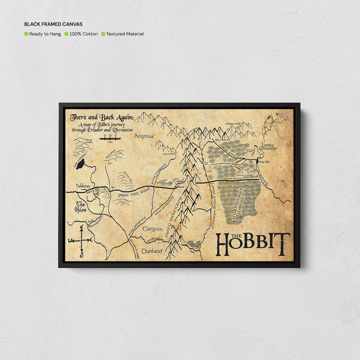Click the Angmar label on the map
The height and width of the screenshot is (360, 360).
click(144, 136)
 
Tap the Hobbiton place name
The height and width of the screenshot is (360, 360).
click(83, 186)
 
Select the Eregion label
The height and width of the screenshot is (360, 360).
click(152, 229)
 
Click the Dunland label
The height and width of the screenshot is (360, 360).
click(152, 251)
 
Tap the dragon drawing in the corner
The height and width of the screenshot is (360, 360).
click(274, 125)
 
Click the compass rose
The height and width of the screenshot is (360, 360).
click(81, 240)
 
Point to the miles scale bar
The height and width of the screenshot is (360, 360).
click(110, 138)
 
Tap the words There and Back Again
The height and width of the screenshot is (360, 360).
click(102, 118)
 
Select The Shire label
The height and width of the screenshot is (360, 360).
click(81, 207)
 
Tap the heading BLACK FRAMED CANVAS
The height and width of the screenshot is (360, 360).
click(53, 24)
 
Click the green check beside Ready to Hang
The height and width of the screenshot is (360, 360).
click(26, 34)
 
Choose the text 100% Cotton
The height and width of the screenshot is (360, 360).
click(84, 34)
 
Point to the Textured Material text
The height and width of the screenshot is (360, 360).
click(125, 34)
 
